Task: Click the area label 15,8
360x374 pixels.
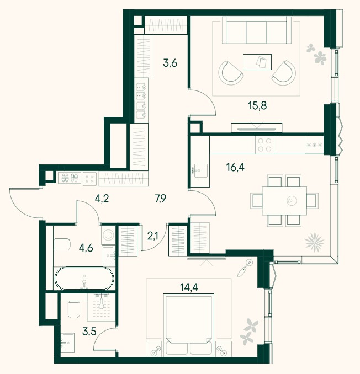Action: pyautogui.click(x=257, y=105)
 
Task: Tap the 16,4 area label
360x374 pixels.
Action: pyautogui.click(x=235, y=167)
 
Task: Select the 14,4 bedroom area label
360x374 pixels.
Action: pyautogui.click(x=189, y=287)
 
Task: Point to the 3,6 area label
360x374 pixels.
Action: pyautogui.click(x=170, y=63)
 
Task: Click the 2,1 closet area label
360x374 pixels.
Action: pyautogui.click(x=153, y=237)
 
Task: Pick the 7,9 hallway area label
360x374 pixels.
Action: pyautogui.click(x=161, y=199)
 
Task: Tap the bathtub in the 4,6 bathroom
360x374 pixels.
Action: pyautogui.click(x=84, y=278)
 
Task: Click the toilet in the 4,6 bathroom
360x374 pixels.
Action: pyautogui.click(x=62, y=244)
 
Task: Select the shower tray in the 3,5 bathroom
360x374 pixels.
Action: pyautogui.click(x=101, y=307)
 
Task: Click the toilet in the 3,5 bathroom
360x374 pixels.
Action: pyautogui.click(x=74, y=309)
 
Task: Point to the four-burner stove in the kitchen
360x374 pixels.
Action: pyautogui.click(x=264, y=145)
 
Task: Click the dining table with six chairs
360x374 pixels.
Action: pyautogui.click(x=284, y=201)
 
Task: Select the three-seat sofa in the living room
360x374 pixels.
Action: pyautogui.click(x=257, y=30)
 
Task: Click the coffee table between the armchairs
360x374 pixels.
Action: pyautogui.click(x=257, y=62)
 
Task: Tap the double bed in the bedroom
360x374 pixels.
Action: pyautogui.click(x=189, y=325)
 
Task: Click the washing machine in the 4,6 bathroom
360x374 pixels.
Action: pyautogui.click(x=109, y=235)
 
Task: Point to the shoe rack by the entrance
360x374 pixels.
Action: pyautogui.click(x=70, y=178)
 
